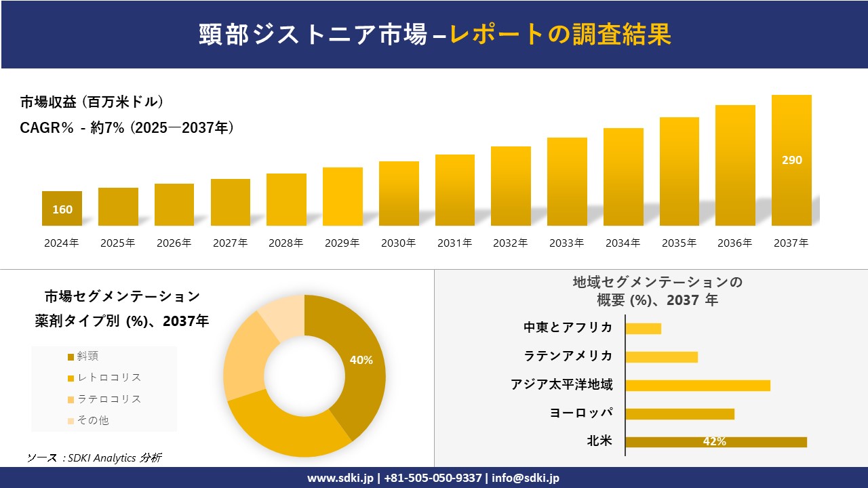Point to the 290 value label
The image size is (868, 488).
click(x=791, y=161)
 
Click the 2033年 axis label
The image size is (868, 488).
click(x=566, y=243)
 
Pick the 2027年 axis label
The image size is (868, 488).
click(x=230, y=243)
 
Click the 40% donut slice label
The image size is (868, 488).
click(x=361, y=360)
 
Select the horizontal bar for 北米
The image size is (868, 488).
click(x=715, y=442)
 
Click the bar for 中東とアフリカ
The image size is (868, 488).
click(x=643, y=329)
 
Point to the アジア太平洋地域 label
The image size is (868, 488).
click(x=561, y=385)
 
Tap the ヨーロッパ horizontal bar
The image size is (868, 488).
click(x=679, y=413)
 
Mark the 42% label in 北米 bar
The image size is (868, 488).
click(x=714, y=442)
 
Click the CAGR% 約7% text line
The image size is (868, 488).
click(x=127, y=127)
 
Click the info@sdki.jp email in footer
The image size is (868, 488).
click(x=526, y=478)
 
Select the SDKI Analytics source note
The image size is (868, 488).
click(x=94, y=457)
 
